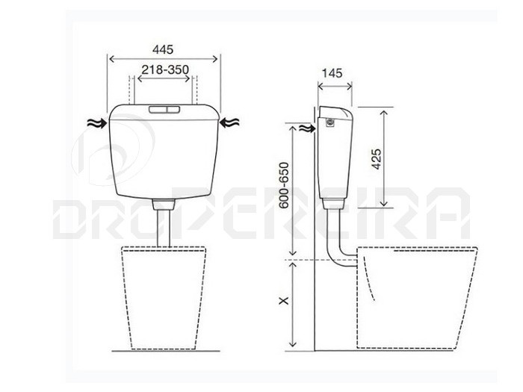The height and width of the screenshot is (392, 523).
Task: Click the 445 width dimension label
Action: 163,50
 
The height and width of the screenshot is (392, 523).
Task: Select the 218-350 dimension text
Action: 165,69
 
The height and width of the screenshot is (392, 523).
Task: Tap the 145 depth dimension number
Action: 332,73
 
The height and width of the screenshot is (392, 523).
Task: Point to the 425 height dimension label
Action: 377,159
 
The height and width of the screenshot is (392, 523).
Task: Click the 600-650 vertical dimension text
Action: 284,185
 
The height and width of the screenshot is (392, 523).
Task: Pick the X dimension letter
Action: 284,301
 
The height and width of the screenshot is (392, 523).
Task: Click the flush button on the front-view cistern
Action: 164,109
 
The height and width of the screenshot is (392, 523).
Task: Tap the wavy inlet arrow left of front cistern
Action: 96,123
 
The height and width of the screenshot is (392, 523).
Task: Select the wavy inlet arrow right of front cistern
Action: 229,123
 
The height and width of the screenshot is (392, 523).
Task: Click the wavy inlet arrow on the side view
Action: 307,128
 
